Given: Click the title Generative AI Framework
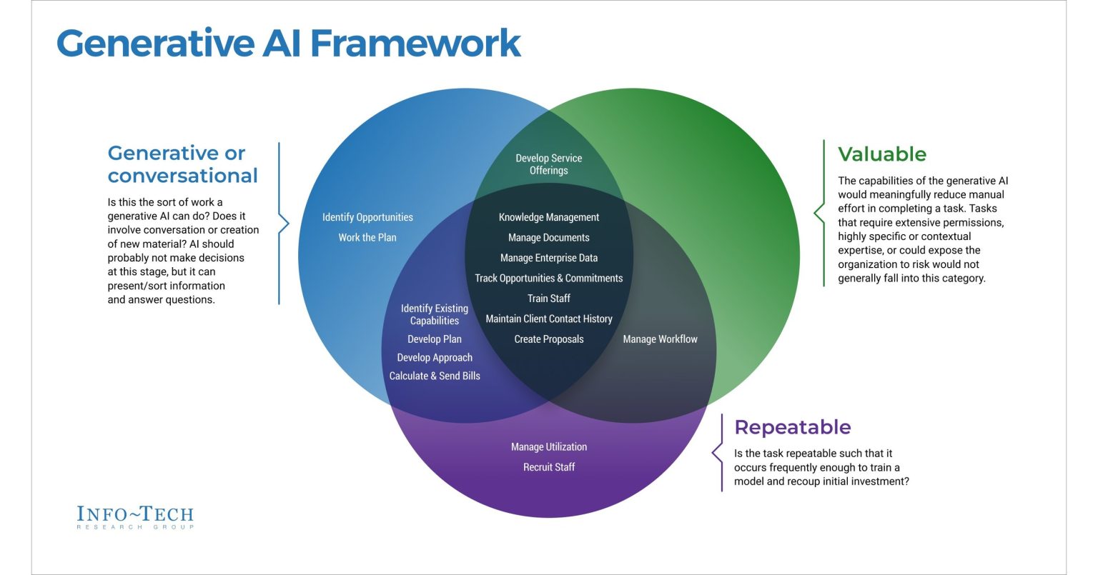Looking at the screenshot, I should tap(288, 43).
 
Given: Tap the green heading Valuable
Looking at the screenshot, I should tap(881, 154).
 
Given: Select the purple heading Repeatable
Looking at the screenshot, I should tap(792, 427).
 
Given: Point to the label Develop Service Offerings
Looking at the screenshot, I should tap(548, 164).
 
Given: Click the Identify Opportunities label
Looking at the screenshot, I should tap(367, 217).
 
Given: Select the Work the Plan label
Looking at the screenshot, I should tap(367, 237).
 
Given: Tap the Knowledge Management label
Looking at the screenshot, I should tap(548, 217).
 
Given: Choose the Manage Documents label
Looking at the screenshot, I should tap(548, 237).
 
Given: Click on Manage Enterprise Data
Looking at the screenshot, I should tap(548, 258).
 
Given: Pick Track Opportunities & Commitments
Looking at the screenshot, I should tap(548, 278).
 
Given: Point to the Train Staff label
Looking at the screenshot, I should tap(548, 299).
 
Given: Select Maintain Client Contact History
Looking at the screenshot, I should tap(548, 319).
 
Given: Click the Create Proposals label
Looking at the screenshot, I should tap(548, 339).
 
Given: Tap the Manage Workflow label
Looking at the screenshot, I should tap(660, 339).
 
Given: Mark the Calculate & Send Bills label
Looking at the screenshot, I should tap(435, 376).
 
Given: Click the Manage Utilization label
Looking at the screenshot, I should tap(548, 447).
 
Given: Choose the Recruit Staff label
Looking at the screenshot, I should tap(548, 467).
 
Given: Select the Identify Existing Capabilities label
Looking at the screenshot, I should tap(435, 314).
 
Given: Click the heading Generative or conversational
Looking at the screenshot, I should tap(182, 164).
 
